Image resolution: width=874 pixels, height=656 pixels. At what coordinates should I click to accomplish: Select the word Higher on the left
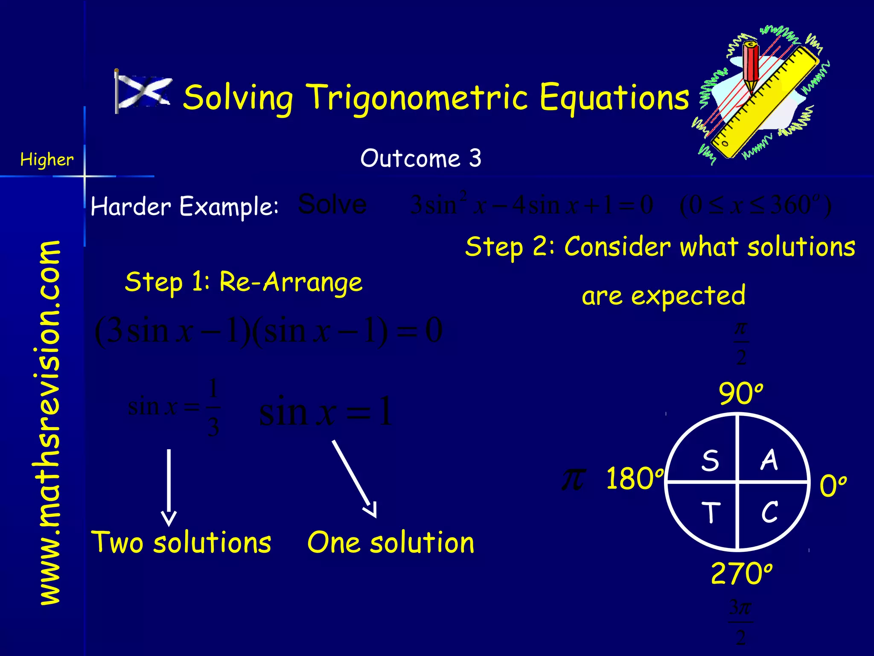[x=47, y=160]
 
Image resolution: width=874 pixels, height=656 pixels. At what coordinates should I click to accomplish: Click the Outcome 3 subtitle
[x=421, y=158]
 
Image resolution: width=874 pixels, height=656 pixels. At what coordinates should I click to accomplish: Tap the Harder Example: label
[x=184, y=207]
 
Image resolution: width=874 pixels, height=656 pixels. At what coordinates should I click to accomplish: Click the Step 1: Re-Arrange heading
[x=243, y=282]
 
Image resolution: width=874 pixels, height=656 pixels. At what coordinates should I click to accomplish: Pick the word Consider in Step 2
[x=617, y=247]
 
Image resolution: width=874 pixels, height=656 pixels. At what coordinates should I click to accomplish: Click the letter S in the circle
[x=710, y=461]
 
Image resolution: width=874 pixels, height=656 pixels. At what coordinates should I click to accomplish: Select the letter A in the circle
[x=769, y=460]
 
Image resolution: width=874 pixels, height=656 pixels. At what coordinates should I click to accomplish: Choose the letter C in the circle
[x=769, y=512]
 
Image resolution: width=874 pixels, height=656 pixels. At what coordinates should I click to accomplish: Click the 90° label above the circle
[x=740, y=394]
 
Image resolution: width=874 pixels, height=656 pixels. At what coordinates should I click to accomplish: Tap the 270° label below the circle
[x=741, y=574]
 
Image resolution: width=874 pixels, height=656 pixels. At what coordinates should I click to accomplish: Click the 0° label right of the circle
[x=833, y=486]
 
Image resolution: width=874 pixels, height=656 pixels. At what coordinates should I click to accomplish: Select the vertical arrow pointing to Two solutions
[x=169, y=487]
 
